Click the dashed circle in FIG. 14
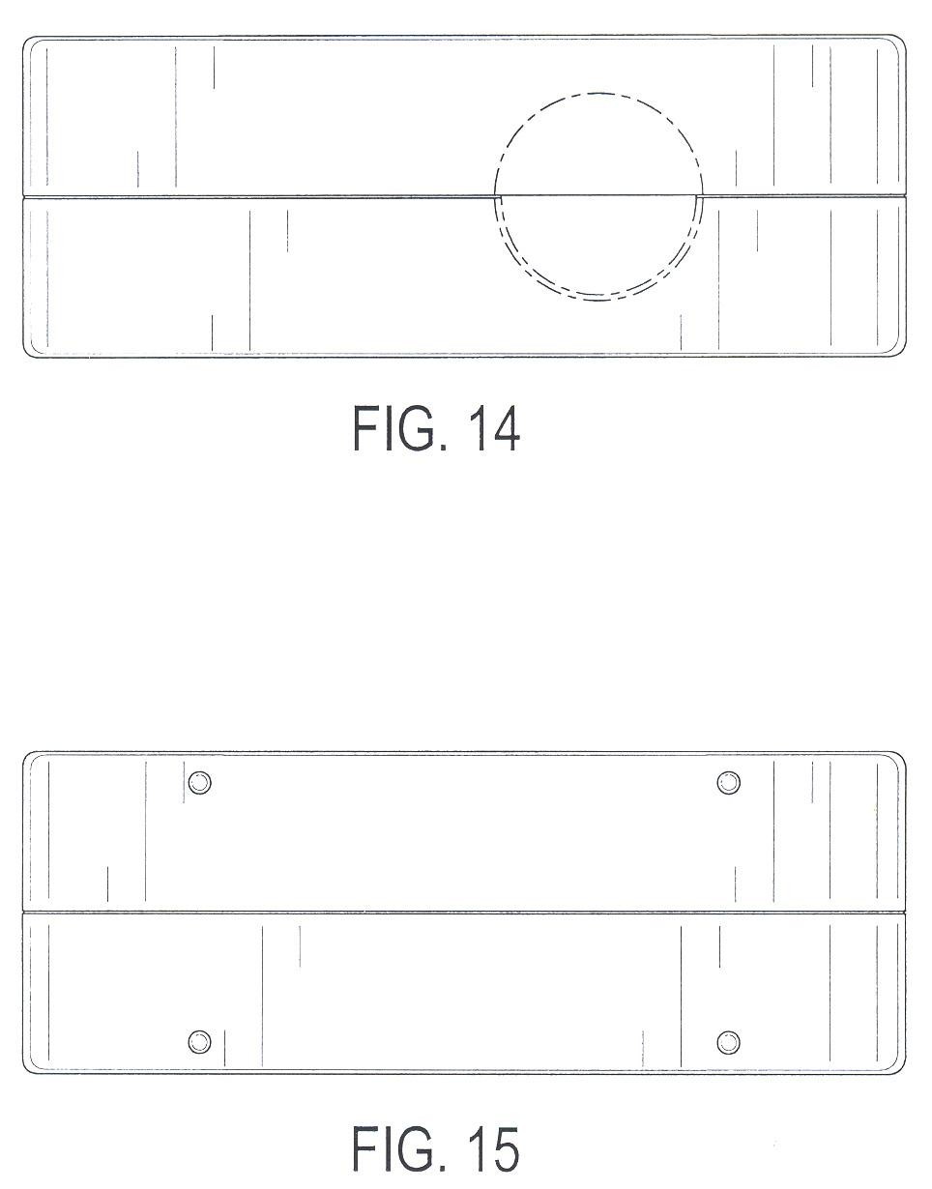[598, 93]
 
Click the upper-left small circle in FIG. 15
[200, 782]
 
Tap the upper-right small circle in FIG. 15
[728, 782]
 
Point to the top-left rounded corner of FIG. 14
[26, 40]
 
